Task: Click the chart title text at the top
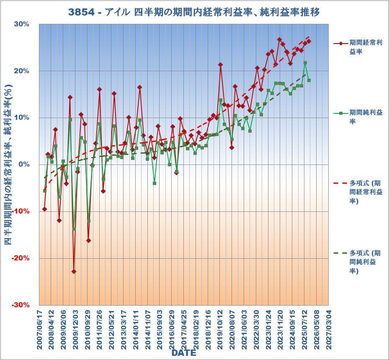coord(194,12)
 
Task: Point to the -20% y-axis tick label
coord(21,258)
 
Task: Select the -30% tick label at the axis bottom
coord(21,305)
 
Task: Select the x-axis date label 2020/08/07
coord(232,330)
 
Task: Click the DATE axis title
coord(183,353)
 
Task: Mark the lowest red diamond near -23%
coord(74,272)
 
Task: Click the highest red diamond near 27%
coord(279,39)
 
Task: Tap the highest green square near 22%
coord(305,63)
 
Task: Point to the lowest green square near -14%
coord(74,229)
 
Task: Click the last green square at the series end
coord(309,80)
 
